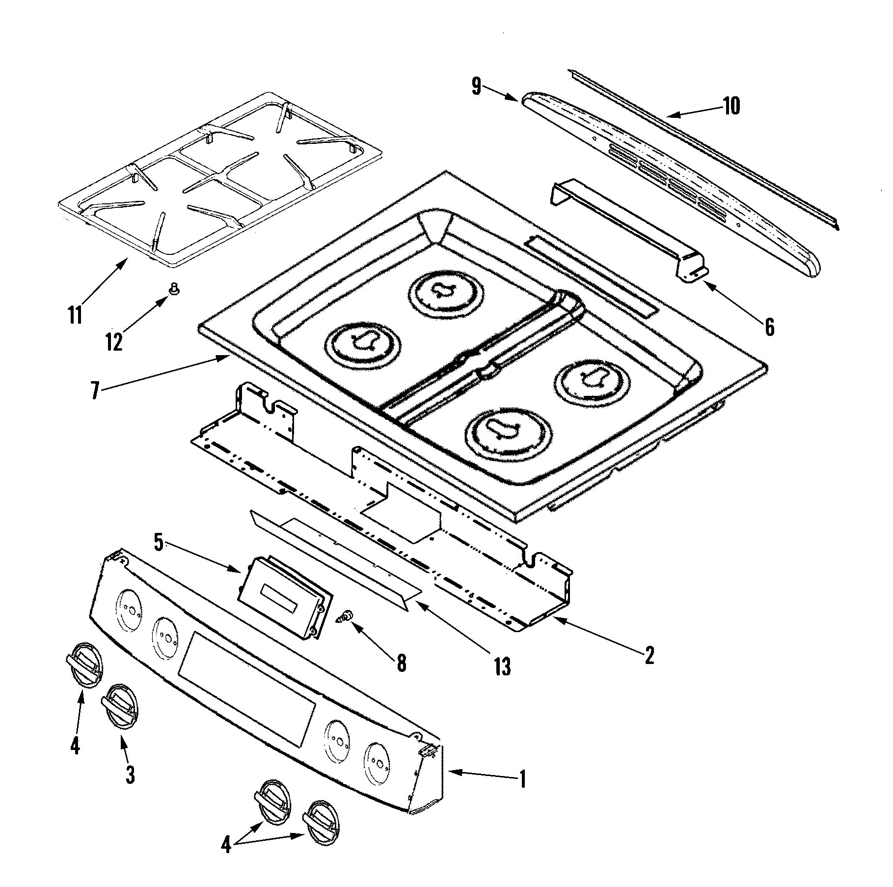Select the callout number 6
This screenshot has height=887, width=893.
[769, 327]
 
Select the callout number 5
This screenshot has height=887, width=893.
[158, 542]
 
